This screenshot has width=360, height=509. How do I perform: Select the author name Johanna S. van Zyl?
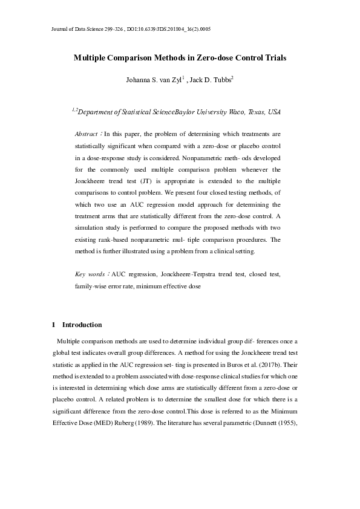pyautogui.click(x=155, y=79)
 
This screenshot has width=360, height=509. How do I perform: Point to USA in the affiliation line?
pyautogui.click(x=273, y=112)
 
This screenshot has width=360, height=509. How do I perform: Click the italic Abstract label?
pyautogui.click(x=87, y=134)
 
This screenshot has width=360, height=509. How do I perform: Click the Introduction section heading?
pyautogui.click(x=82, y=325)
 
